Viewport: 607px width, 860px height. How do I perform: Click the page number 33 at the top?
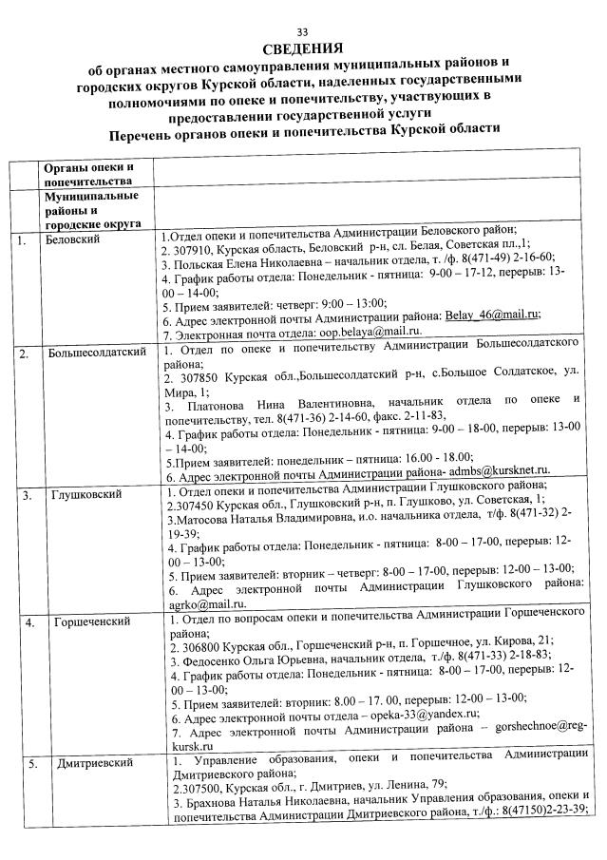tap(303, 31)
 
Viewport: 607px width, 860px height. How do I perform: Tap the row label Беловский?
tap(72, 239)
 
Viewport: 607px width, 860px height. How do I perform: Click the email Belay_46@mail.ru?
tap(491, 315)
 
